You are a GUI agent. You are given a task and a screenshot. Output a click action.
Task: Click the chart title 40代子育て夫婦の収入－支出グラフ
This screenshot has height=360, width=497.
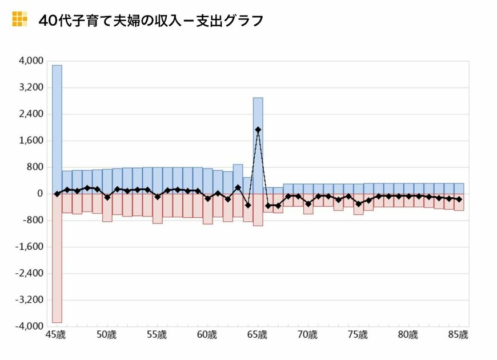click(x=151, y=21)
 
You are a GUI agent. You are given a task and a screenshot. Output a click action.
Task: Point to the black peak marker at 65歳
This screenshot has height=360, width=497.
click(x=258, y=130)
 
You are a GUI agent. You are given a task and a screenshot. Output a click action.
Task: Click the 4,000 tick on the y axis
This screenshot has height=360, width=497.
click(x=32, y=61)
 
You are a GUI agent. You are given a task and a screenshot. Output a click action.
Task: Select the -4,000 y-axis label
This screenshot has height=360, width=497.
click(x=31, y=326)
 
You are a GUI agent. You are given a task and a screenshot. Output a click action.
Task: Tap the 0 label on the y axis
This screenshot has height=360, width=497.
click(x=39, y=194)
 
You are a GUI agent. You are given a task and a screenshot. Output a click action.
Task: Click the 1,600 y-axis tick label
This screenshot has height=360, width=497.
click(x=32, y=141)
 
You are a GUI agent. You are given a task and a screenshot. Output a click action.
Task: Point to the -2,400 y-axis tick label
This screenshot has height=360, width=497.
click(x=31, y=273)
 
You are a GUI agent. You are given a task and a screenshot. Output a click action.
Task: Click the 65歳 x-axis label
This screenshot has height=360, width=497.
click(x=257, y=334)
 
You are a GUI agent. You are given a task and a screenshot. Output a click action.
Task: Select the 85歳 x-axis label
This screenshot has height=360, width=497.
click(x=459, y=334)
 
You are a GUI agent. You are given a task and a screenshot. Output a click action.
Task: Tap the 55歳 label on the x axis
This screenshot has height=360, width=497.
click(x=157, y=334)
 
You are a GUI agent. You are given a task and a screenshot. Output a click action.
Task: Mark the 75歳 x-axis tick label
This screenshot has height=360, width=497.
click(x=358, y=334)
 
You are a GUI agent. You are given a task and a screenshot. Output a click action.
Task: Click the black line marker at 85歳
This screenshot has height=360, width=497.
click(x=459, y=199)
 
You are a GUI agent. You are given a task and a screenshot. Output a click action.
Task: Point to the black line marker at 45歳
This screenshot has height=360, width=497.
click(x=57, y=194)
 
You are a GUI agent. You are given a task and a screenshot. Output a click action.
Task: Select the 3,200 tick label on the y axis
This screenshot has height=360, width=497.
click(x=32, y=87)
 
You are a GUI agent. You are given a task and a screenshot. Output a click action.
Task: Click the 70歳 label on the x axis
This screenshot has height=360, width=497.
click(x=308, y=334)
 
